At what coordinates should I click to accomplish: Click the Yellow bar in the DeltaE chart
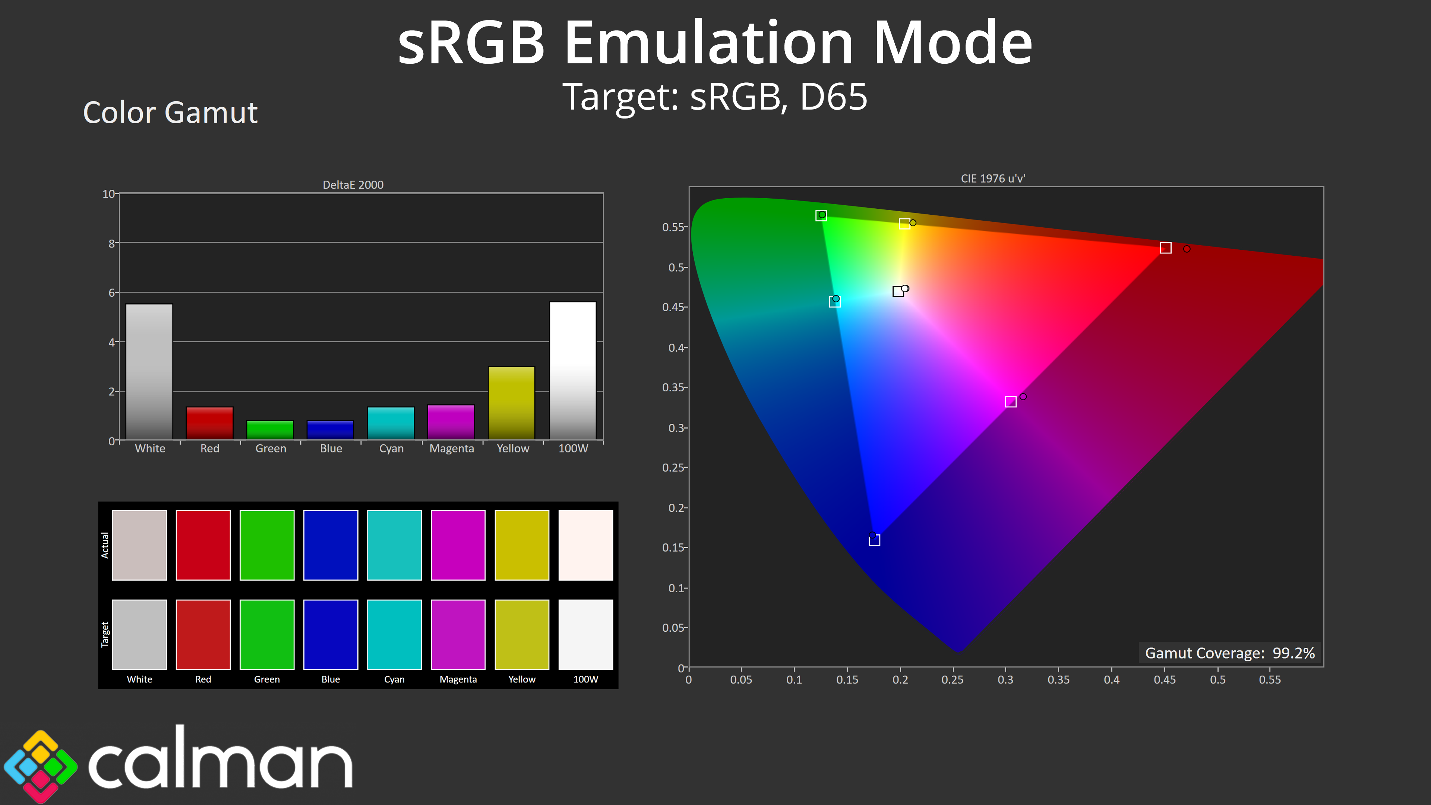[511, 403]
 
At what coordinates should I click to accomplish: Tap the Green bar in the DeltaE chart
[270, 430]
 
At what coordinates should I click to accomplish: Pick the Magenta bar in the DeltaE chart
[451, 422]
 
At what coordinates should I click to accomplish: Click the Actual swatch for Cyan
[394, 545]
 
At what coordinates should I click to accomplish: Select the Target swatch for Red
[203, 634]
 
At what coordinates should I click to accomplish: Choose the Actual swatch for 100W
[585, 545]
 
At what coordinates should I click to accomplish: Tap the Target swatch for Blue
[331, 634]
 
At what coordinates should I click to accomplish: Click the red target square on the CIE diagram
[1165, 248]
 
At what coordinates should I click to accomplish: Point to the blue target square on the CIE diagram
[874, 540]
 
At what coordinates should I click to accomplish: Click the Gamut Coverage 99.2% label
[1230, 653]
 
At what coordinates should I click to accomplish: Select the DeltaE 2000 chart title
[353, 184]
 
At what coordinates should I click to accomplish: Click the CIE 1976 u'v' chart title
[993, 179]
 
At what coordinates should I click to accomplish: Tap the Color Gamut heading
[170, 113]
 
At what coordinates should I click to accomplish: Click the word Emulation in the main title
[709, 43]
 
